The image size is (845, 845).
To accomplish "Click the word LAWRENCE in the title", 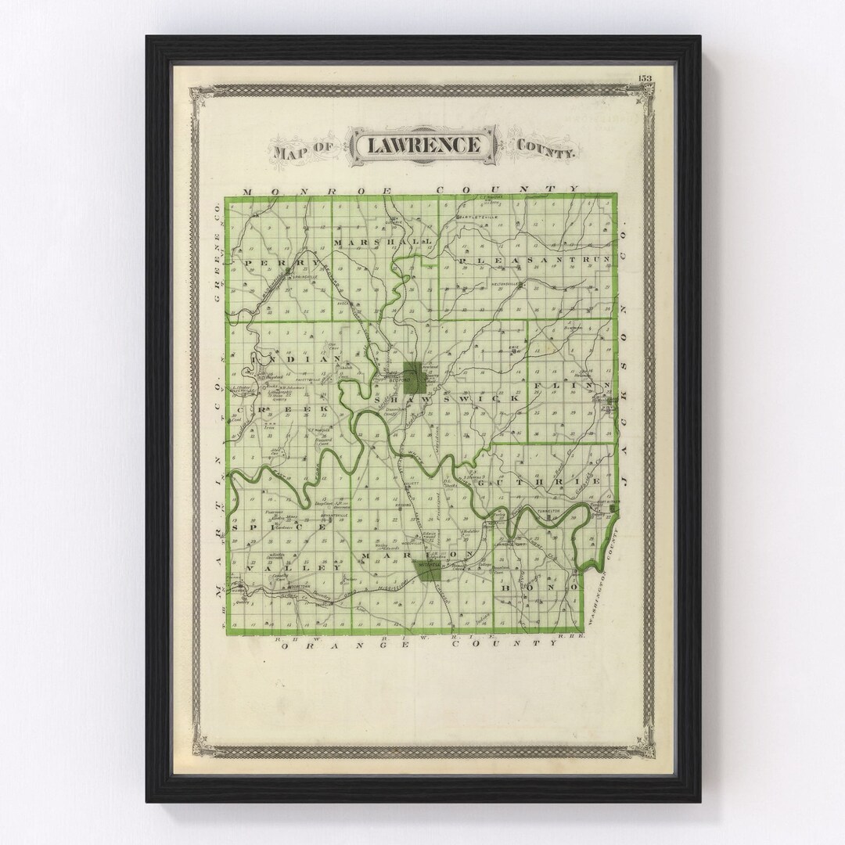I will coord(423,146).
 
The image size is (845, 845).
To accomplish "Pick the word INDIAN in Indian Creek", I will coord(296,359).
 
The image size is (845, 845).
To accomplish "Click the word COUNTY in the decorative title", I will coord(545,149).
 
